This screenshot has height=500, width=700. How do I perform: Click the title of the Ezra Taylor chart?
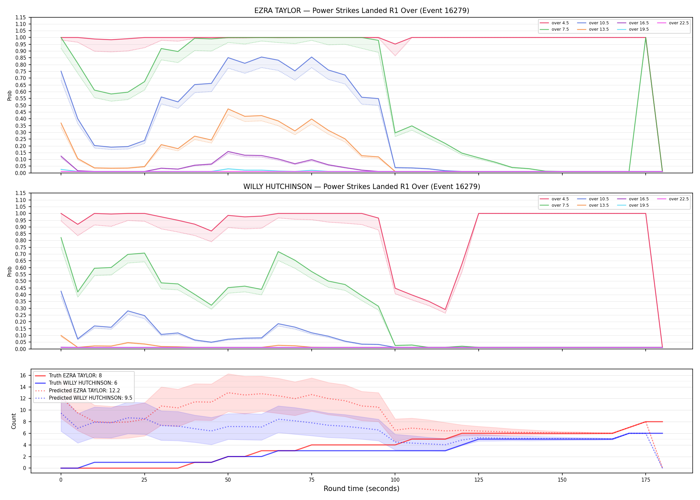click(x=362, y=11)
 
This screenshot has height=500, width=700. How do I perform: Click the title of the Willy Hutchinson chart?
click(x=362, y=187)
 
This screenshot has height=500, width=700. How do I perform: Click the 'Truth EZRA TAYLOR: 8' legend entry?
click(x=68, y=376)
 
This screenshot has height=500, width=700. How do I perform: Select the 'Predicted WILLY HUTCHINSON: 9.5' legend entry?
click(x=83, y=398)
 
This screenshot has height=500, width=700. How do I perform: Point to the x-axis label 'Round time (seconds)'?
click(x=361, y=489)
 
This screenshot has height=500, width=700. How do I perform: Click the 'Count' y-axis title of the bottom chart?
click(x=14, y=421)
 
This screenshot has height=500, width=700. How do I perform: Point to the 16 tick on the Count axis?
click(x=23, y=375)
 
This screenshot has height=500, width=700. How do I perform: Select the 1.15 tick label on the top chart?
click(x=21, y=17)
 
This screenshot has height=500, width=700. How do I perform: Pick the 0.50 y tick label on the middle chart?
click(x=21, y=281)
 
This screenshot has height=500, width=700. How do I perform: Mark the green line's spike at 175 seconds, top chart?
click(x=646, y=38)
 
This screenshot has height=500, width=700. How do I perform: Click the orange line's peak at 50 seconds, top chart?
click(x=228, y=109)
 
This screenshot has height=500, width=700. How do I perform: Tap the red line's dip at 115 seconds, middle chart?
click(x=445, y=310)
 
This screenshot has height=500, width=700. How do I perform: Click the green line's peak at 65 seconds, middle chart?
click(x=278, y=252)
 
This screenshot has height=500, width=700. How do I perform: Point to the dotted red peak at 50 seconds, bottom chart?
click(x=228, y=393)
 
